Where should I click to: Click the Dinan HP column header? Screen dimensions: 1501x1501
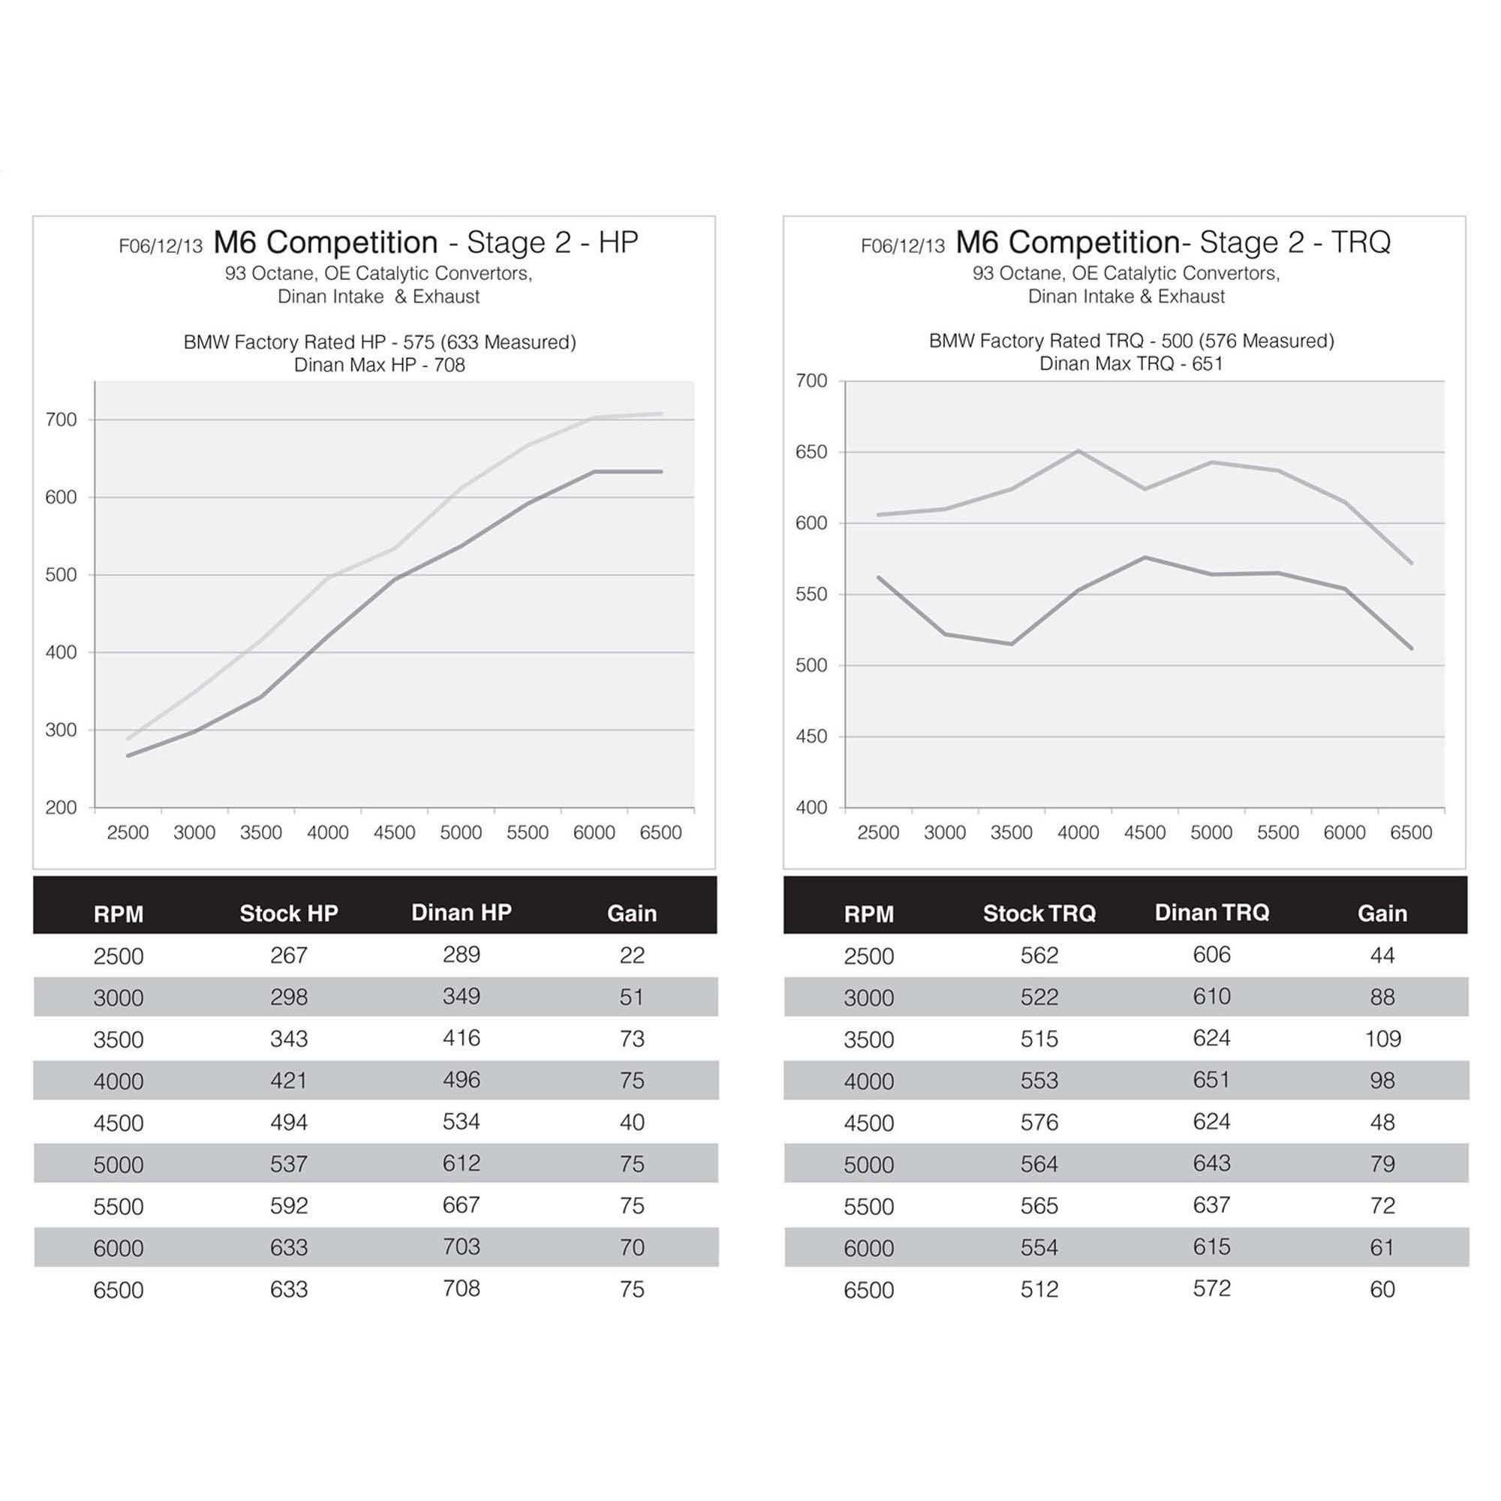[461, 912]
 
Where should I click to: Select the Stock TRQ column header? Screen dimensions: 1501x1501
[1039, 913]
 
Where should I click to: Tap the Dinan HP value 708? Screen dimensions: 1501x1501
[461, 1289]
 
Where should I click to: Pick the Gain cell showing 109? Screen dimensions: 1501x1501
[1382, 1039]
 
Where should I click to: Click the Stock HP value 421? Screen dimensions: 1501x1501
[288, 1080]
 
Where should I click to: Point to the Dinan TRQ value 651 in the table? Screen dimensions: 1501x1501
[1211, 1080]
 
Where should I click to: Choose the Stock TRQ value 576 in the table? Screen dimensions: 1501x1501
[1039, 1122]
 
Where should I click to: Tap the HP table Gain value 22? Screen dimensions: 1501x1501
[632, 955]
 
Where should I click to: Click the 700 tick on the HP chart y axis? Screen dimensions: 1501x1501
[62, 420]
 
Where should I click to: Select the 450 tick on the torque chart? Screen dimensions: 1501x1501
[811, 736]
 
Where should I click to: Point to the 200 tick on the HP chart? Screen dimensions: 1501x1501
[62, 808]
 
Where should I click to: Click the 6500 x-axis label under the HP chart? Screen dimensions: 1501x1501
[660, 833]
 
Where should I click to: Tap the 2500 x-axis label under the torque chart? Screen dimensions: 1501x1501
[878, 833]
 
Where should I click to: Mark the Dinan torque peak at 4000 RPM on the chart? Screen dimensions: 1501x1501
[1078, 450]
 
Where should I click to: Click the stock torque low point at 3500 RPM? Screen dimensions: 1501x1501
[1012, 644]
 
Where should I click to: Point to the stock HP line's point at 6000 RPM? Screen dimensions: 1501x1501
[594, 471]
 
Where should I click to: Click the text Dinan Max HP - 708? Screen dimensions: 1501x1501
[379, 365]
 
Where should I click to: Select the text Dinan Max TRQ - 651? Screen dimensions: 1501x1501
[1131, 363]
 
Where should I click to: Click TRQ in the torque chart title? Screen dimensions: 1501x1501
[1361, 242]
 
